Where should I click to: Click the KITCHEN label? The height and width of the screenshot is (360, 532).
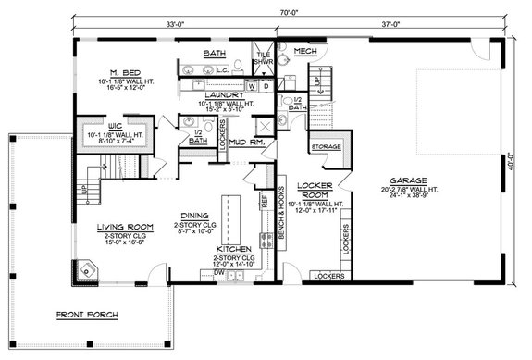click(234, 249)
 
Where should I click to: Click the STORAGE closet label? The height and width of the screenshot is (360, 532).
click(327, 147)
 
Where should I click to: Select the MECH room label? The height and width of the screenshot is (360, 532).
click(306, 51)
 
